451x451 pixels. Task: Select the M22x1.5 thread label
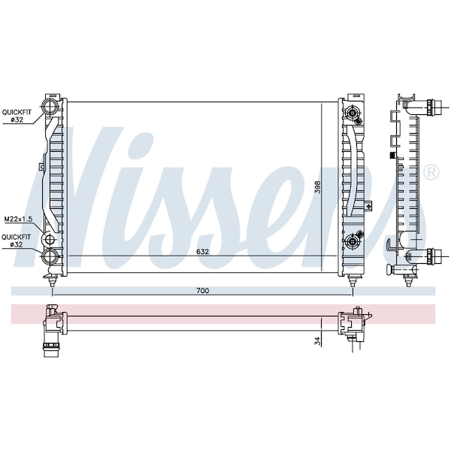(16, 219)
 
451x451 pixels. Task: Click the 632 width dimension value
(202, 251)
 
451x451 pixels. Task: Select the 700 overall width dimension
(202, 290)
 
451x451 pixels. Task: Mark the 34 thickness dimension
(319, 341)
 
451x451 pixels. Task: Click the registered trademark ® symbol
(431, 173)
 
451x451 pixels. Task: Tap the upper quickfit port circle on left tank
(51, 106)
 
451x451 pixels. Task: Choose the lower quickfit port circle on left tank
(50, 257)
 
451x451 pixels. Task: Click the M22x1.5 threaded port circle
(50, 240)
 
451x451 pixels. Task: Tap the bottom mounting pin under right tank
(353, 280)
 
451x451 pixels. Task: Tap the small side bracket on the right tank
(368, 204)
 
